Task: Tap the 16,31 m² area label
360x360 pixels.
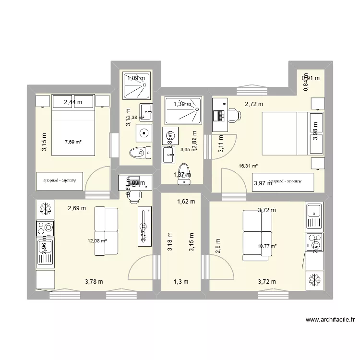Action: [248, 166]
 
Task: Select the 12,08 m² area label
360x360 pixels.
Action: [96, 241]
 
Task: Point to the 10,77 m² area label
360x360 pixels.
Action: [267, 246]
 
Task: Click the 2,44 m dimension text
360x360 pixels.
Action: [73, 102]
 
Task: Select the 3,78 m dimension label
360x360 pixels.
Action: [94, 282]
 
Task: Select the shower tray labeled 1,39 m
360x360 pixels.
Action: [182, 104]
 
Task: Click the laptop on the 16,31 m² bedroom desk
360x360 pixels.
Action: [220, 116]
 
